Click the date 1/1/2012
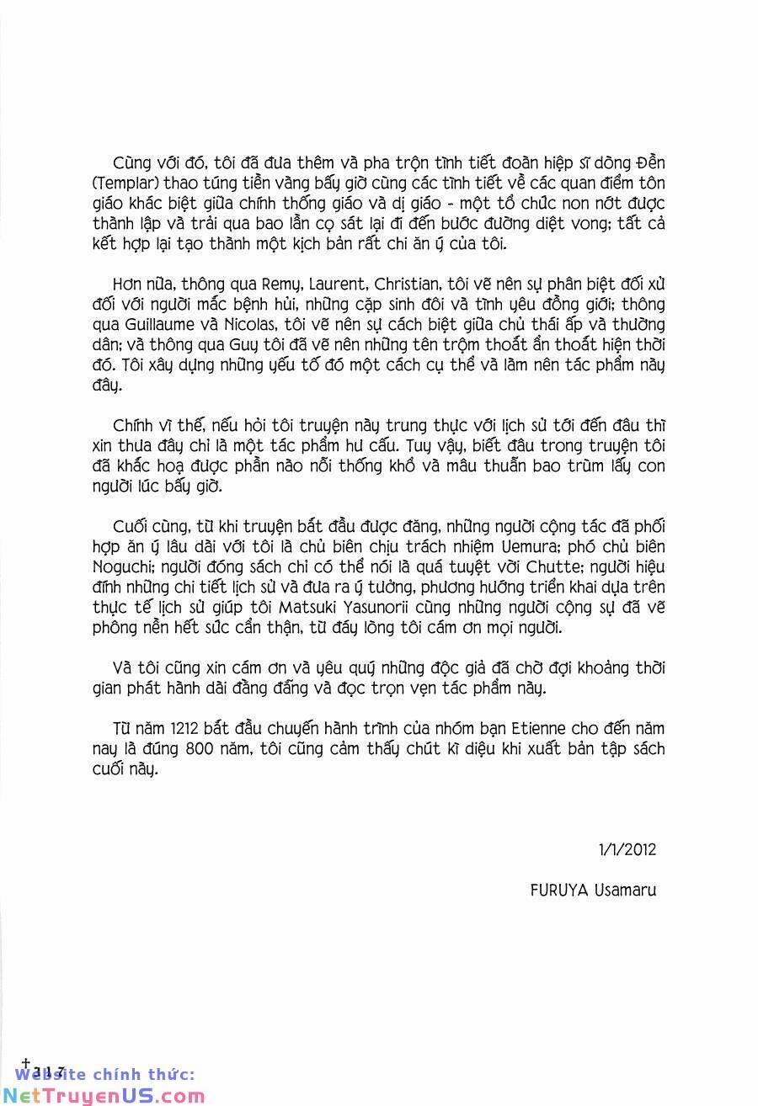[x=627, y=849]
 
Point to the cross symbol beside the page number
[x=26, y=1063]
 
